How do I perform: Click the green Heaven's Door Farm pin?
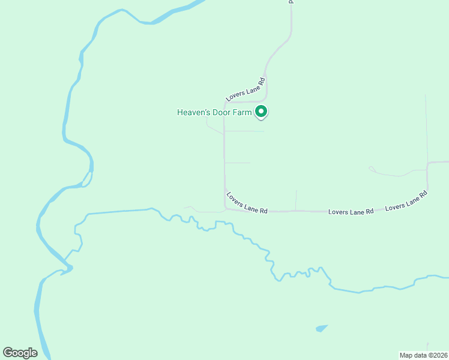pyautogui.click(x=261, y=111)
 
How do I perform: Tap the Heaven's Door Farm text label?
pyautogui.click(x=214, y=112)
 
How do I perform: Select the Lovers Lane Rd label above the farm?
pyautogui.click(x=246, y=89)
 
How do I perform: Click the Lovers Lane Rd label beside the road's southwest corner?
pyautogui.click(x=247, y=202)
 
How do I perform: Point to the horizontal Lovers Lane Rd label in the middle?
pyautogui.click(x=351, y=212)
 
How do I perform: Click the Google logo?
pyautogui.click(x=20, y=353)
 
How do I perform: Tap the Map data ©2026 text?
pyautogui.click(x=423, y=355)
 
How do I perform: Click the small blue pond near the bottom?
pyautogui.click(x=322, y=328)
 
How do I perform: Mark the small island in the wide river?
pyautogui.click(x=87, y=179)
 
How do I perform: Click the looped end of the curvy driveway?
pyautogui.click(x=372, y=169)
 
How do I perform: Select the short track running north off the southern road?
pyautogui.click(x=296, y=200)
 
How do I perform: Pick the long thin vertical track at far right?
pyautogui.click(x=426, y=126)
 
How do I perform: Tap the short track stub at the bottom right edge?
pyautogui.click(x=427, y=346)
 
